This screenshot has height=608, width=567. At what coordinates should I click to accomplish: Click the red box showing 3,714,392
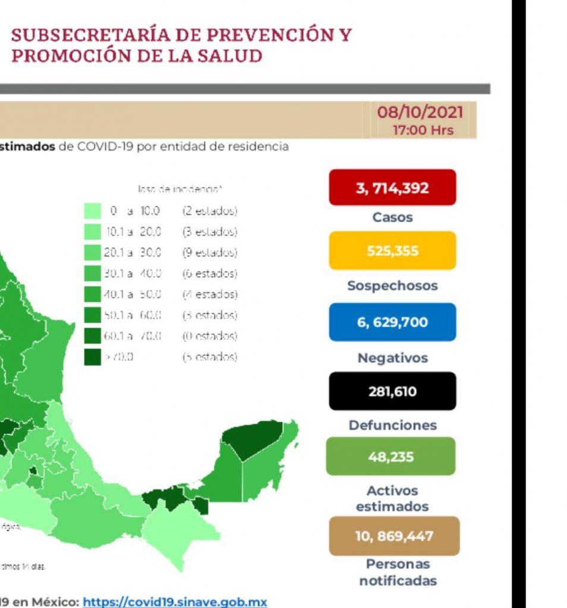pos(392,188)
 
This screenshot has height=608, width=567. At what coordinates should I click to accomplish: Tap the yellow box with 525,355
pos(392,251)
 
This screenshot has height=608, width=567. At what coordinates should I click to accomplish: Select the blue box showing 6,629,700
pos(392,322)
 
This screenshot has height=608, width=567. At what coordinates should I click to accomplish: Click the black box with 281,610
pos(392,391)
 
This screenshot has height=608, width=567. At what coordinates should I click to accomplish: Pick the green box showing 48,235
pos(390,457)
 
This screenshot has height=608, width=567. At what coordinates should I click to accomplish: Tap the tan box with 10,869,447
pos(394,536)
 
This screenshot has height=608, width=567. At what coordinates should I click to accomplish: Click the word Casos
pos(392,217)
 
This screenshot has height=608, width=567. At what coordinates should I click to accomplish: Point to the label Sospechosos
pos(392,286)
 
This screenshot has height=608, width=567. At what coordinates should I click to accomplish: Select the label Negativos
pos(392,358)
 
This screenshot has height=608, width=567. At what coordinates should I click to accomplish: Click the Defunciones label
pos(392,425)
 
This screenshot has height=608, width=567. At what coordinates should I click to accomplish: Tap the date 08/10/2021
pos(420,112)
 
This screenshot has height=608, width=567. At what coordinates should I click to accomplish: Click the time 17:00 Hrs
pos(423,130)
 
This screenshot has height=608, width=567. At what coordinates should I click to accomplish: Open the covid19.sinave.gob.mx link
pos(175,601)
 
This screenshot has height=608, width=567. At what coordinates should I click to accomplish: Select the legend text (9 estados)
pos(209,253)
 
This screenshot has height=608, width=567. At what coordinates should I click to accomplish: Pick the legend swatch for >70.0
pos(92,357)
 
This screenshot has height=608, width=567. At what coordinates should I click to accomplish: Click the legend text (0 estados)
pos(209,336)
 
